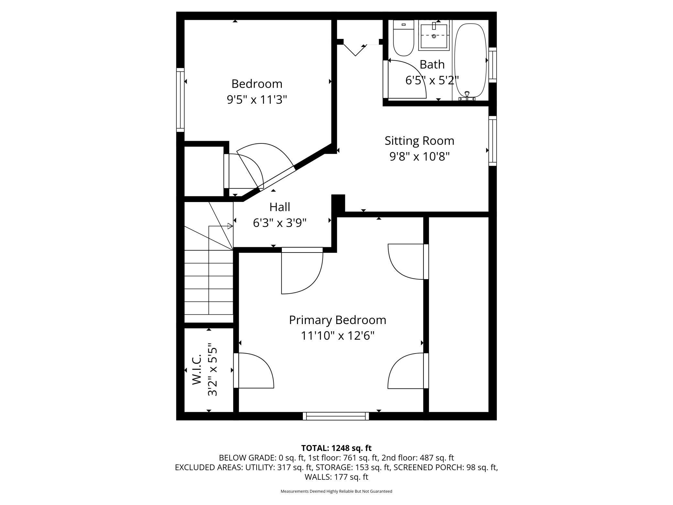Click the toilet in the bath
[x=403, y=38]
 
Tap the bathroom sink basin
[x=434, y=35]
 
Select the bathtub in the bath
[x=471, y=60]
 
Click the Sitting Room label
[x=419, y=141]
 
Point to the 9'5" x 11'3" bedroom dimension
[x=257, y=100]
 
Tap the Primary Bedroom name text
[x=337, y=320]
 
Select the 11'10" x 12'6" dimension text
[x=337, y=336]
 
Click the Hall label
[x=280, y=207]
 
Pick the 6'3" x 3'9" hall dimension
[x=280, y=223]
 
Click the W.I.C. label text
[x=197, y=369]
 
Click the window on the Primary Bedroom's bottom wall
[x=336, y=416]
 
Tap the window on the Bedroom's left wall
[x=180, y=100]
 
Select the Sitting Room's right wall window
[x=492, y=141]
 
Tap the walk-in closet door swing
[x=254, y=371]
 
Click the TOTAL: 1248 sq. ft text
[x=336, y=448]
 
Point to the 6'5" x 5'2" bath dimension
[x=432, y=80]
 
